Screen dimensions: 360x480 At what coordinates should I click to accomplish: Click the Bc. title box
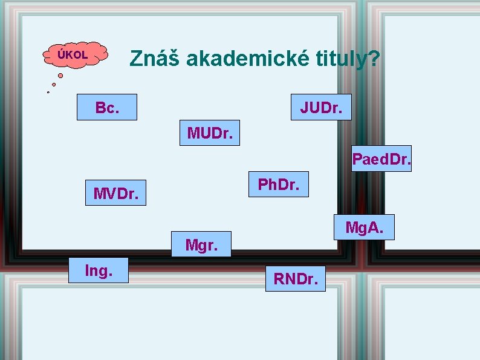coord(107,108)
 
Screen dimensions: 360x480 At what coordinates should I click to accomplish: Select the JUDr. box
coord(321,107)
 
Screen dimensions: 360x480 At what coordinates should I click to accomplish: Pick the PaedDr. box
coord(381,159)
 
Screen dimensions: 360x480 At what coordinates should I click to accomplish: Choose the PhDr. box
coord(278,184)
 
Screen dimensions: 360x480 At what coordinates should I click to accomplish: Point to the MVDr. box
coord(115,193)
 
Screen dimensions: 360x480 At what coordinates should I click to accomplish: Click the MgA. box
coord(363,227)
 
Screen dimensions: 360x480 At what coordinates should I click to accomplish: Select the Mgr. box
coord(201,244)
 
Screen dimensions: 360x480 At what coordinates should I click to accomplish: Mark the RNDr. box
coord(296,278)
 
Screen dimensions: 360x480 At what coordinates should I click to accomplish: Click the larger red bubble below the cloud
coord(60,76)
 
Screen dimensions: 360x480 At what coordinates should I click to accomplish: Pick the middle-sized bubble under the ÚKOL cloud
coord(54,84)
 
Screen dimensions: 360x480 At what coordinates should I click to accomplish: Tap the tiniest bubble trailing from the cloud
coord(48,92)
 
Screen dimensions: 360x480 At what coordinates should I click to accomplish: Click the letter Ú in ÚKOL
coord(60,54)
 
